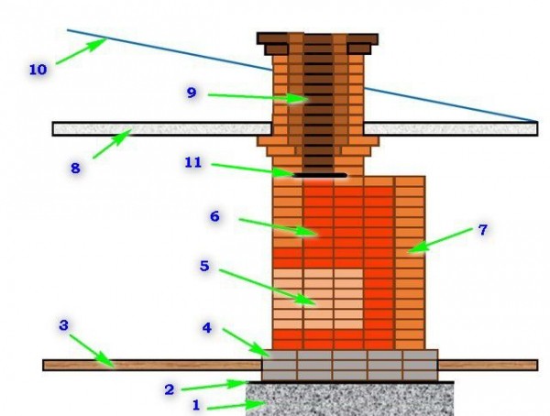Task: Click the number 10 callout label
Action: click(38, 70)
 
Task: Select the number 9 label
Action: click(192, 93)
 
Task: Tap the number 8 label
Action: click(75, 169)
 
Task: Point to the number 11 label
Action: click(193, 162)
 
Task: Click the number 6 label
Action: click(215, 216)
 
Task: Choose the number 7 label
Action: click(483, 230)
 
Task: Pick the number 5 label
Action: click(204, 266)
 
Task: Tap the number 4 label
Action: click(207, 328)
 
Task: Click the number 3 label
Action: click(63, 325)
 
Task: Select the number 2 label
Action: click(169, 389)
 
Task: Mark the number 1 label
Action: click(196, 405)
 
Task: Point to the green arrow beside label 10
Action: click(82, 51)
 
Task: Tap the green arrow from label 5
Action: click(268, 288)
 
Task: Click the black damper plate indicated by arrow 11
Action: click(320, 175)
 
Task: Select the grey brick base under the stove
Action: click(350, 365)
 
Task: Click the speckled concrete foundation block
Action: click(350, 400)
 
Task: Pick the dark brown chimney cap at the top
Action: click(317, 43)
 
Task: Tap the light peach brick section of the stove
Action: click(318, 299)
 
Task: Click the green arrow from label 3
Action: click(92, 351)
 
